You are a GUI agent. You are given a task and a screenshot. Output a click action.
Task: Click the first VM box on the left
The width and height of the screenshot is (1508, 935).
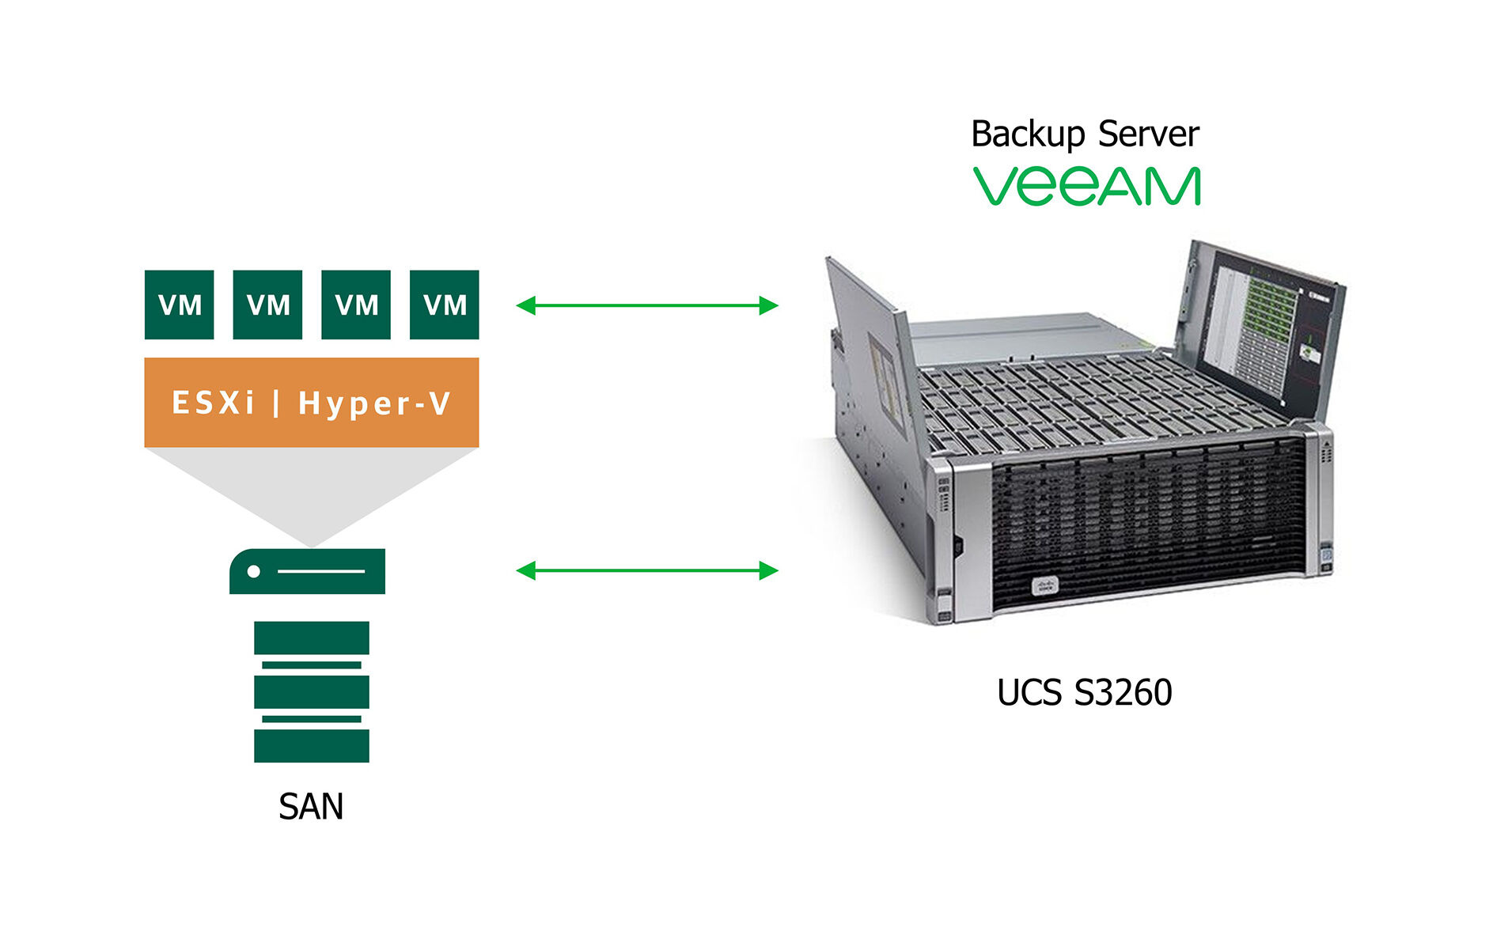tap(179, 305)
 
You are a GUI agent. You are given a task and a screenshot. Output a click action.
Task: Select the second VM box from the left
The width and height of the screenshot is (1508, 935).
tap(267, 305)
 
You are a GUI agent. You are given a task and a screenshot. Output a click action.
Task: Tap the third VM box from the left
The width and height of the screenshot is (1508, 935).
tap(356, 305)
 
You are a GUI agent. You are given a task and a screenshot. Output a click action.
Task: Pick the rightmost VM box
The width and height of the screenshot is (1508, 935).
tap(444, 305)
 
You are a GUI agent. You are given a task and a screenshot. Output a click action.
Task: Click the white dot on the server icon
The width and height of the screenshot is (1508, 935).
tap(253, 571)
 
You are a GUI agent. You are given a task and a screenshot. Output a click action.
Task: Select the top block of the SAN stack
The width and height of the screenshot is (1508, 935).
tap(311, 638)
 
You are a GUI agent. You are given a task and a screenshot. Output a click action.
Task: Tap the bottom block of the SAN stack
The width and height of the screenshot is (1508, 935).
tap(311, 745)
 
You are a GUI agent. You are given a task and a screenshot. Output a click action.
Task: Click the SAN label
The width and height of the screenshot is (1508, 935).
tap(311, 807)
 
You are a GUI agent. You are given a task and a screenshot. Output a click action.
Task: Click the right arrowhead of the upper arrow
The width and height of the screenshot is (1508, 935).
tap(768, 305)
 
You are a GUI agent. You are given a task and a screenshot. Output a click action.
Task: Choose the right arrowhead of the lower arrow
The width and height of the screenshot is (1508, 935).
tap(768, 570)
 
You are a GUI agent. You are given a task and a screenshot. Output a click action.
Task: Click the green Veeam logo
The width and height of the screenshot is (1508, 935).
tap(1086, 187)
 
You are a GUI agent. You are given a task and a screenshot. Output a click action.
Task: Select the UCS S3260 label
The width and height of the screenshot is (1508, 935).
tap(1084, 692)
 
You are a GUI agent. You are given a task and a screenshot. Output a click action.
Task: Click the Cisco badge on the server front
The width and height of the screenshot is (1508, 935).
tap(1044, 586)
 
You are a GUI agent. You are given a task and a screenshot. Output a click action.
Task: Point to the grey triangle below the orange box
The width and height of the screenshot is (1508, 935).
tap(311, 486)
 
